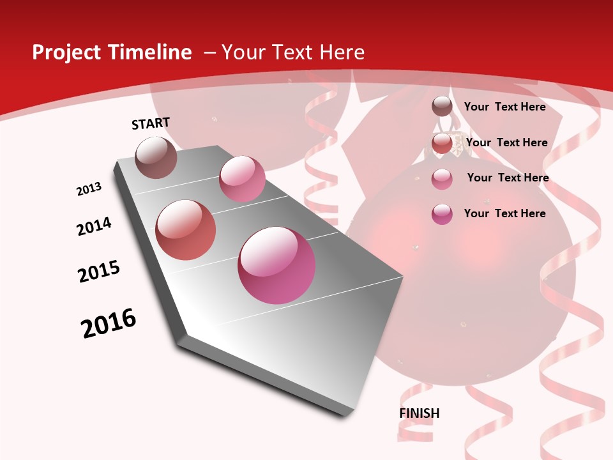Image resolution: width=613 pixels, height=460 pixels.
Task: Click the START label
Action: tap(151, 123)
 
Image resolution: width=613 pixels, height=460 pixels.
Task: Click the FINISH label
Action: tap(420, 413)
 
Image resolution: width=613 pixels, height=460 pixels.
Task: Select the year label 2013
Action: tap(89, 189)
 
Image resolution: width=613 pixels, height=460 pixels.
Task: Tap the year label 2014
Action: tap(95, 226)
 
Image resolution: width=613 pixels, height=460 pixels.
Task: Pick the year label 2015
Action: tap(99, 272)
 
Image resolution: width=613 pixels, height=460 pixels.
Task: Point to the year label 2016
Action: tap(109, 323)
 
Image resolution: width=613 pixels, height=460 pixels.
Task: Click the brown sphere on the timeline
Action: tap(156, 157)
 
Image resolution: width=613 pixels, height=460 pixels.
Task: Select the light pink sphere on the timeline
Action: tap(242, 179)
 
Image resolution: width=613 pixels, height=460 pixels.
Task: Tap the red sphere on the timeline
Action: tap(186, 230)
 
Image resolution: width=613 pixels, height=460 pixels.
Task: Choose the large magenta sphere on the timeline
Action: tap(276, 265)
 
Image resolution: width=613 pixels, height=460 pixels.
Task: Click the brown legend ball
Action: tap(442, 107)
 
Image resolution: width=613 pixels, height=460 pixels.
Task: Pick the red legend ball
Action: tap(442, 144)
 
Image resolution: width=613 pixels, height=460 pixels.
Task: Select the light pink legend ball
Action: tap(442, 179)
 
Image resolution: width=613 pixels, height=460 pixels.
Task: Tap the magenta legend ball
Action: tap(442, 214)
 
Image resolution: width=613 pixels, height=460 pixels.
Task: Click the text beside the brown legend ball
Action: tap(504, 107)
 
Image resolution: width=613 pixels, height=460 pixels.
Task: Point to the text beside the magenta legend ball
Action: tap(504, 213)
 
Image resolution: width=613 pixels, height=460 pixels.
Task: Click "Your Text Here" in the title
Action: tap(292, 52)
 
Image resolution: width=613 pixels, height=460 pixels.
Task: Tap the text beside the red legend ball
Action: tap(506, 142)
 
